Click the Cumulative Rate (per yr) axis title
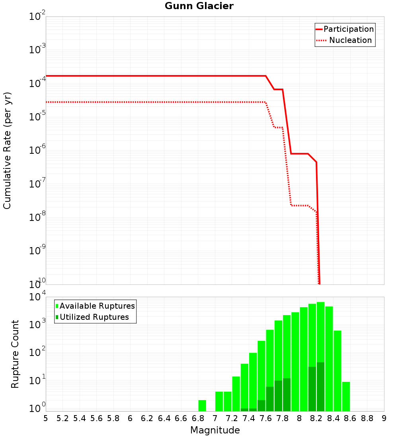point(7,151)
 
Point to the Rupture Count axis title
point(15,354)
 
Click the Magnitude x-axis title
point(215,430)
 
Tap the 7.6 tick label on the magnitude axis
point(266,418)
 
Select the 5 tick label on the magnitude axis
point(46,418)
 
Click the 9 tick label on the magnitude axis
point(384,418)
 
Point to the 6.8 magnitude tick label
point(198,418)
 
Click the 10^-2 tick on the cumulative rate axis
point(37,17)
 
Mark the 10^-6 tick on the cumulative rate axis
point(37,151)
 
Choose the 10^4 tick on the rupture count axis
point(37,297)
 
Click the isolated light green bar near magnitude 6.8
point(202,405)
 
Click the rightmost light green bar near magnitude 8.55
point(346,396)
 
